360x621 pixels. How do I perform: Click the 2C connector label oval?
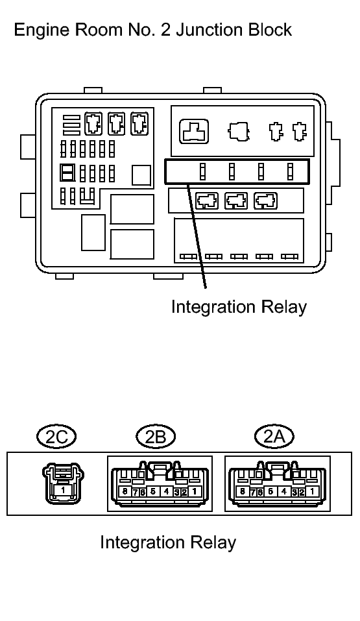tap(56, 436)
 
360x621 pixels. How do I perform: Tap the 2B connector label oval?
tap(155, 436)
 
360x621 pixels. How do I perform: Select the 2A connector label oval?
tap(274, 436)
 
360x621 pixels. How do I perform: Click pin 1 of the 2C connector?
tap(62, 491)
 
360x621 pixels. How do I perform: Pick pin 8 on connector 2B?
tap(125, 492)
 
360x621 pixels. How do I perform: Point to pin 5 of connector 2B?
tap(152, 492)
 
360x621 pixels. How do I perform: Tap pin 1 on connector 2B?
tap(194, 492)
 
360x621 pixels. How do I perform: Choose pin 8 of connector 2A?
tap(243, 492)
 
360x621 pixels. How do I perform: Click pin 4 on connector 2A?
tap(283, 492)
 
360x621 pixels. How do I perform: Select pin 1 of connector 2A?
tap(312, 492)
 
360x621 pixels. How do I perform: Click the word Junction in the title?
tap(205, 30)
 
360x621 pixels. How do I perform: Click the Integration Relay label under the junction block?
tap(239, 308)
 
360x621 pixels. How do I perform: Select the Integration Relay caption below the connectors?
tap(168, 542)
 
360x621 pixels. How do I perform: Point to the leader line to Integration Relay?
tap(197, 236)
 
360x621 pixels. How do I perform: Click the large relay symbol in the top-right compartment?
tap(194, 131)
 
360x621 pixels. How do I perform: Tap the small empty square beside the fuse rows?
tap(141, 175)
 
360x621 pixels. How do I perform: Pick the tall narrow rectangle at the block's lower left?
tap(93, 232)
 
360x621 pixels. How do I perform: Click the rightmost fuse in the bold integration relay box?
tap(291, 171)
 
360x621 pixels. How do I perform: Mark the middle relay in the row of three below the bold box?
tap(236, 201)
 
